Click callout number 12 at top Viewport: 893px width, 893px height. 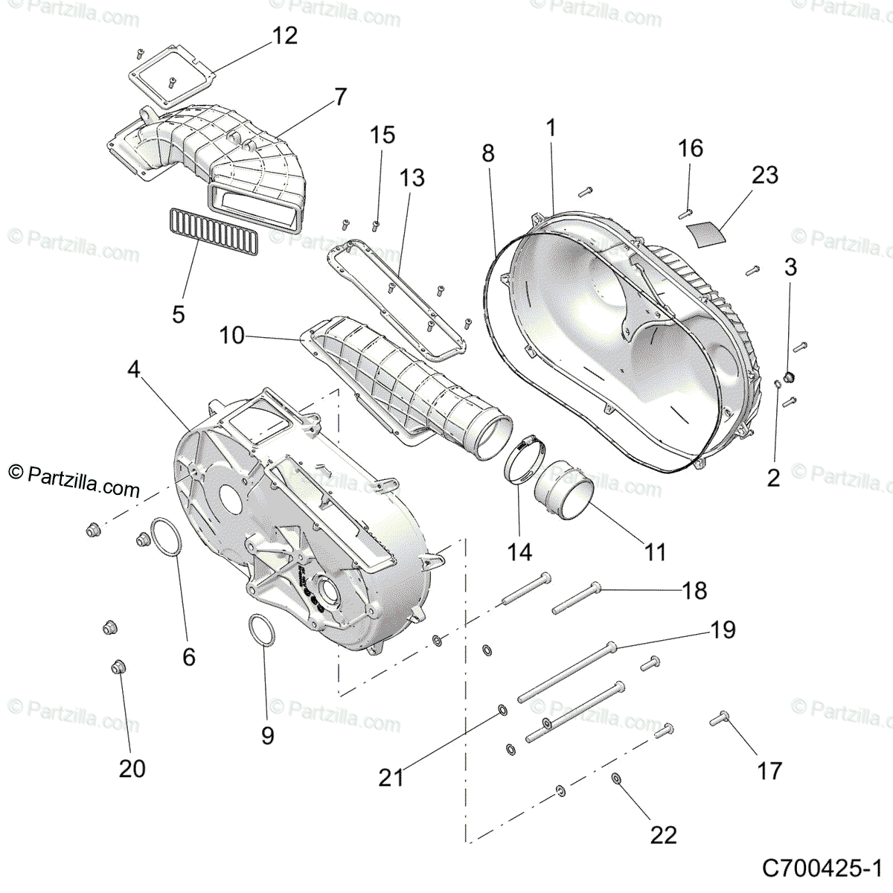coord(285,36)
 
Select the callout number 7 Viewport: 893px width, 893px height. coord(340,97)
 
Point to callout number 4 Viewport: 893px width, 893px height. coord(134,369)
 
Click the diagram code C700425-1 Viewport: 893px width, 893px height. coord(822,868)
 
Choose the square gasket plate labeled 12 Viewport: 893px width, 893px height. coord(173,69)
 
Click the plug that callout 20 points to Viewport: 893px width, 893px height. coord(118,665)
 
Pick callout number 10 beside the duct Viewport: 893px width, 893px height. coord(232,336)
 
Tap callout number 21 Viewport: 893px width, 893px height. coord(391,778)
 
